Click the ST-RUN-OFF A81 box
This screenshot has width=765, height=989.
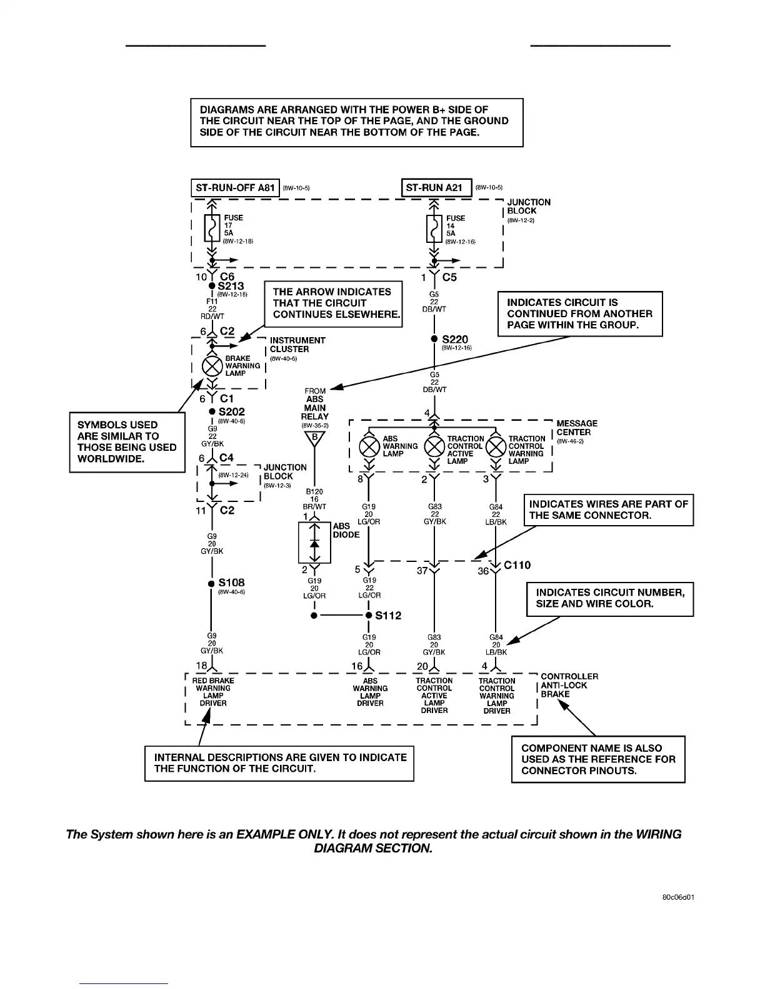[234, 188]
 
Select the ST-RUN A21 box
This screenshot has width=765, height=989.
[436, 187]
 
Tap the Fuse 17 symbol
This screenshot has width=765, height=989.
[212, 229]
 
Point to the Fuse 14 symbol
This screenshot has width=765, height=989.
[434, 229]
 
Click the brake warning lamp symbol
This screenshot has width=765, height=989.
[212, 366]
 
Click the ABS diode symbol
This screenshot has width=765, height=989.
[314, 543]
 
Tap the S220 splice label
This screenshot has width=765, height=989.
[454, 340]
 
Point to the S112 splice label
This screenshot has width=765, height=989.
[388, 615]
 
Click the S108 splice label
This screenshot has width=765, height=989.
[231, 583]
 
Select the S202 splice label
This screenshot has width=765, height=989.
[231, 411]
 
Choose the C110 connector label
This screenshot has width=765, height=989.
[517, 565]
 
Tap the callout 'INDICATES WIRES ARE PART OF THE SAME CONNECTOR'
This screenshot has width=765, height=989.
[608, 509]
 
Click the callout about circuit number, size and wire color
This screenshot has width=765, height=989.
[610, 598]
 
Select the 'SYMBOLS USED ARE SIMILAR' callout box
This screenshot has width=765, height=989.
[127, 441]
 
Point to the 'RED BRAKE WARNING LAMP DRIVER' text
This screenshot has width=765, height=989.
[213, 692]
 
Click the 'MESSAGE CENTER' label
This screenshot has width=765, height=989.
[576, 428]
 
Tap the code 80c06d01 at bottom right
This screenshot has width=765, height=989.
[678, 898]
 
